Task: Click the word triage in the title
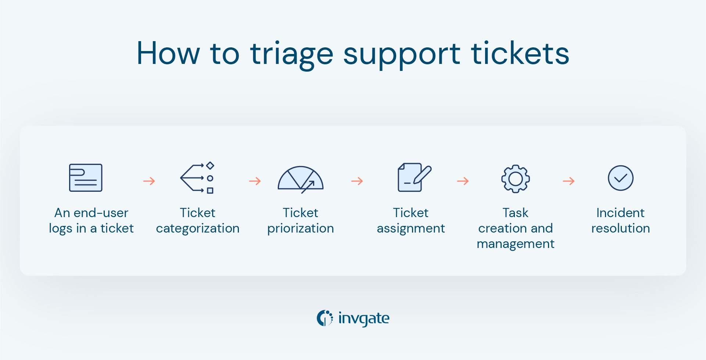tap(291, 54)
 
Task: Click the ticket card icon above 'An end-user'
tap(86, 178)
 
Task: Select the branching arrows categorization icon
tap(197, 178)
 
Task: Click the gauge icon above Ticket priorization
tap(300, 179)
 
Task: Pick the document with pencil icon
tap(414, 177)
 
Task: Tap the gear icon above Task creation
tap(515, 179)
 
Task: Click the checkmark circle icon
tap(620, 178)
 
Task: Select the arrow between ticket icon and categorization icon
tap(149, 181)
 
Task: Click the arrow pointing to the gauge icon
tap(255, 181)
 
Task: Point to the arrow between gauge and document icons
tap(357, 181)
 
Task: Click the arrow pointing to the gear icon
tap(463, 181)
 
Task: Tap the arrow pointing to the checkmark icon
tap(569, 181)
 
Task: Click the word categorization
tap(197, 228)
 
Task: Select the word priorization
tap(300, 228)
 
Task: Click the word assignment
tap(411, 228)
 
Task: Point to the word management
tap(515, 244)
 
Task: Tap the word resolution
tap(620, 228)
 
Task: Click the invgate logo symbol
tap(325, 318)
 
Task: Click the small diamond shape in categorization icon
tap(210, 165)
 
